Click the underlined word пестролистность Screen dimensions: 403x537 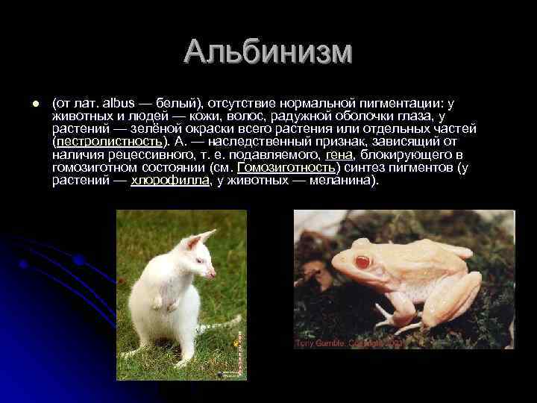(x=108, y=142)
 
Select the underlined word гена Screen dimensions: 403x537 (x=339, y=154)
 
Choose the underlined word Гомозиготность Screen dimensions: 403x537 (x=284, y=167)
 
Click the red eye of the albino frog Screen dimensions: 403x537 (x=364, y=262)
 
